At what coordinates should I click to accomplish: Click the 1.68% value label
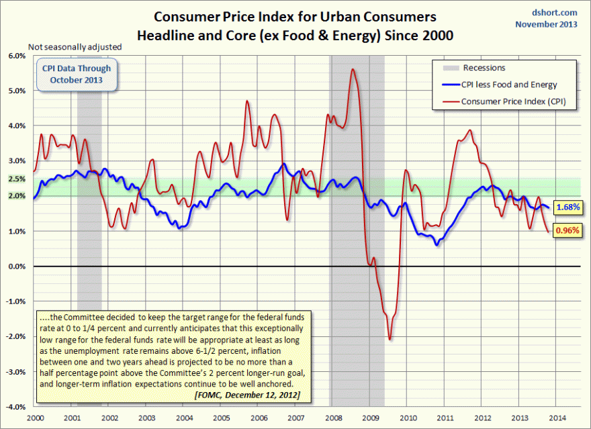tap(567, 207)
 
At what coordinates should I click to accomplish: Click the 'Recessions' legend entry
tap(484, 68)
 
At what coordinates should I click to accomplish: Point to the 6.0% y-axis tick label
tap(16, 56)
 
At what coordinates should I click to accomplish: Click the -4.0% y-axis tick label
tap(15, 407)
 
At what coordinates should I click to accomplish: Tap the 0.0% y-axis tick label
tap(16, 267)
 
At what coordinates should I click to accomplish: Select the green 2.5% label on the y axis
tap(16, 179)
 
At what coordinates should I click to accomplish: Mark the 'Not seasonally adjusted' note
tap(75, 47)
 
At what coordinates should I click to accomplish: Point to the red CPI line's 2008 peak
tap(353, 69)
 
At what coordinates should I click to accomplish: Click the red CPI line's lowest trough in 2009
tap(390, 339)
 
